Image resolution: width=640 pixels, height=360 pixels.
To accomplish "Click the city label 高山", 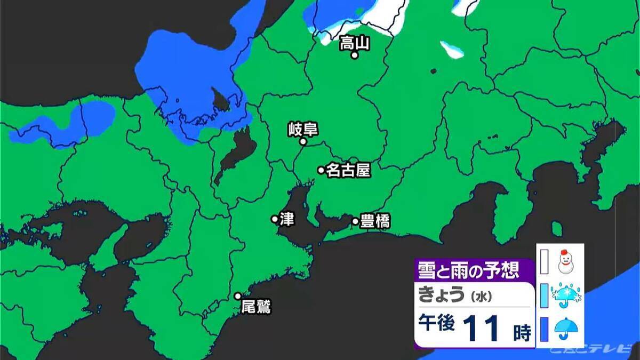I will (355, 43).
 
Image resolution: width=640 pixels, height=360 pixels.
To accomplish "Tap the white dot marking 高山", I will (354, 55).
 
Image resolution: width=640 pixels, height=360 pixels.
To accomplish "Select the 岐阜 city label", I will (302, 129).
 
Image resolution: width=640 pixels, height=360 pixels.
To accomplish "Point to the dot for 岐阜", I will (302, 142).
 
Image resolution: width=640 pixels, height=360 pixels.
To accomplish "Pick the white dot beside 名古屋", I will (321, 170).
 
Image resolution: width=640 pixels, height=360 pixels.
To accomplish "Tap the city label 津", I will (287, 219).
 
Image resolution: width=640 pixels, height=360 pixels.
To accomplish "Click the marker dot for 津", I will (275, 219).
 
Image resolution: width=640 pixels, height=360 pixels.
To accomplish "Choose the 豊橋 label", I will (375, 221).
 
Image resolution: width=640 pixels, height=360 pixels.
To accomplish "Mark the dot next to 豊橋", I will (355, 221).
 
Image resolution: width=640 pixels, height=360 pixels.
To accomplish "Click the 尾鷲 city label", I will (256, 307).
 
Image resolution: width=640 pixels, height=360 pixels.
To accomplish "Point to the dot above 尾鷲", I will (238, 296).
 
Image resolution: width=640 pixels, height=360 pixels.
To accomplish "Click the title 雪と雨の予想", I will (468, 270).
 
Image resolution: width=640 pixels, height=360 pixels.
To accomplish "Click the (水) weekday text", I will (478, 295).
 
